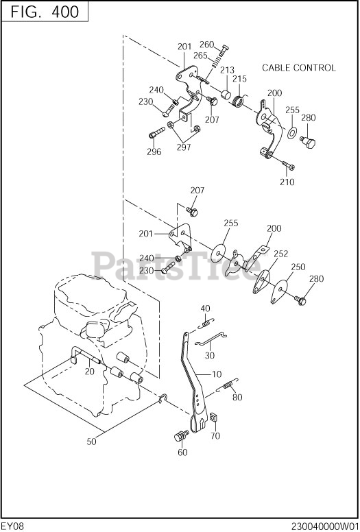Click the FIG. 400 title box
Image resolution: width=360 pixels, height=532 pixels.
coord(45,12)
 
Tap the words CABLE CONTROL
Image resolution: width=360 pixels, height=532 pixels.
coord(298,68)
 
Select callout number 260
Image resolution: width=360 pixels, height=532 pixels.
coord(206,45)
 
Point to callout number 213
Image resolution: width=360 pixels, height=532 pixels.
coord(227,70)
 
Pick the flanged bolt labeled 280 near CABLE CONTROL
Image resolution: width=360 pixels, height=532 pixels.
coord(308,143)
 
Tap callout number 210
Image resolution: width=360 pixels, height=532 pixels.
coord(287,182)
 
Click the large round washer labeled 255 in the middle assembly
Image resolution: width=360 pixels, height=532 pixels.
coord(219,253)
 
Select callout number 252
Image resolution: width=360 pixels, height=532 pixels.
coord(280,254)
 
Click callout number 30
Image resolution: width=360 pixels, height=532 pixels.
coord(210,355)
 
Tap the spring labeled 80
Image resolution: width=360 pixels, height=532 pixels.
coord(229,385)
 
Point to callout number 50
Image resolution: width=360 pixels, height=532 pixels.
coord(91,442)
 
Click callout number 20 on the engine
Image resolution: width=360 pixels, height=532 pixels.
coord(90,372)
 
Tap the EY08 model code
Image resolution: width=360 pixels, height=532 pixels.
coord(13,527)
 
